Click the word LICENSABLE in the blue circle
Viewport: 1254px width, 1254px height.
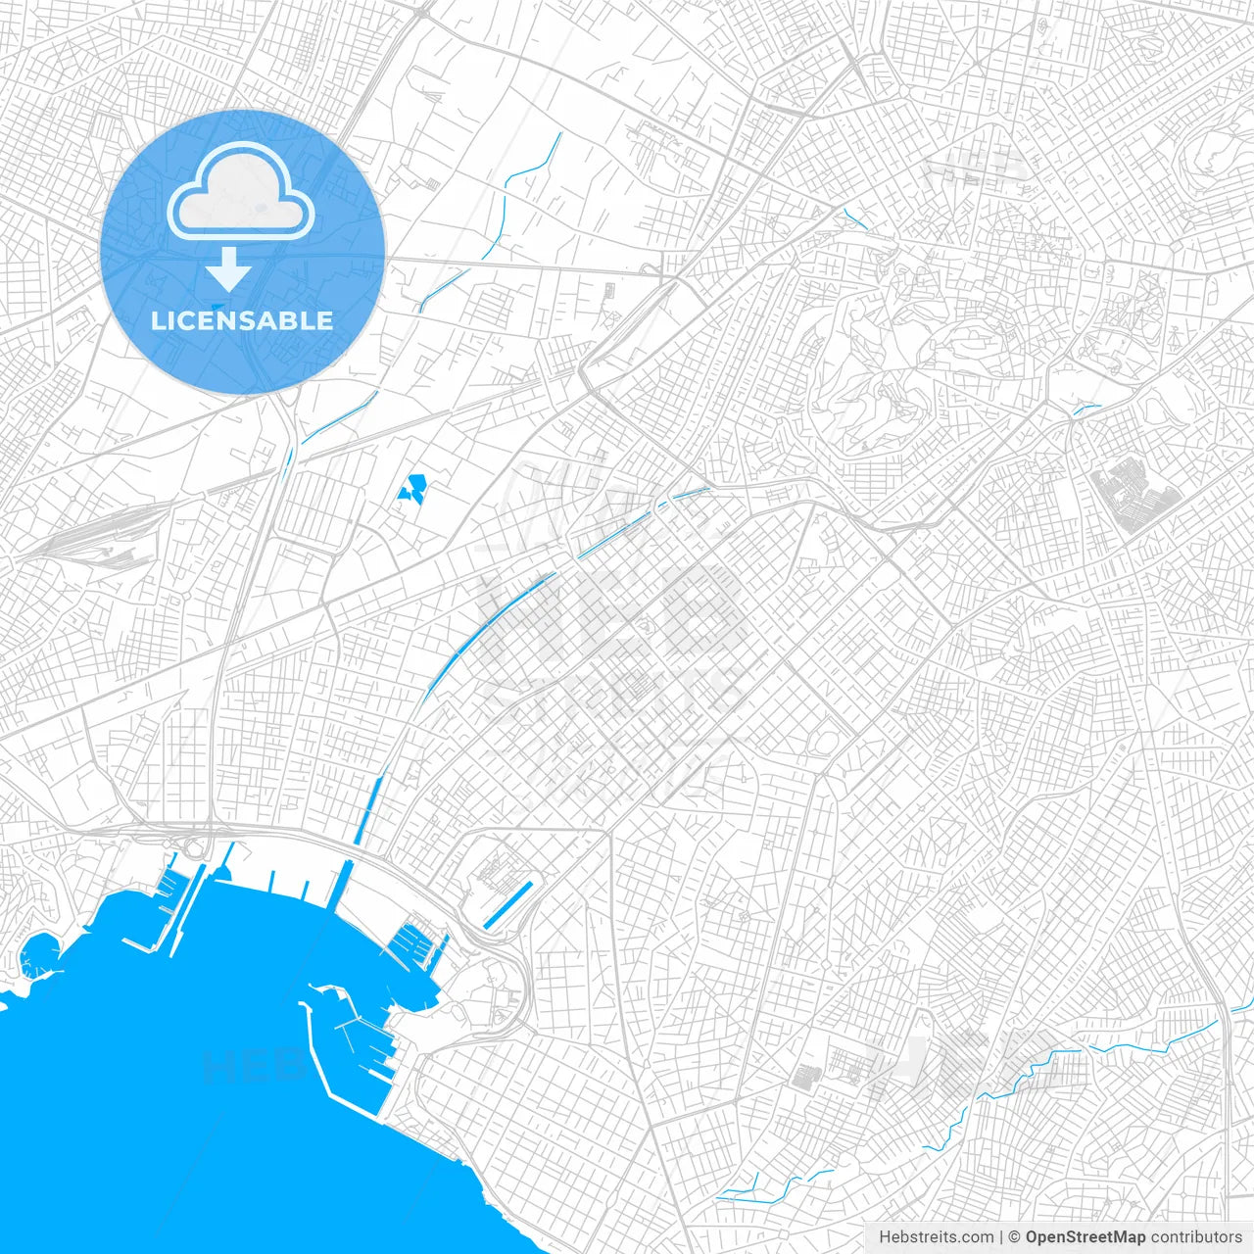point(241,320)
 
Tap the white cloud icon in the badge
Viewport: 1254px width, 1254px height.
point(240,192)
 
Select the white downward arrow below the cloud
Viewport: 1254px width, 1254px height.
point(229,268)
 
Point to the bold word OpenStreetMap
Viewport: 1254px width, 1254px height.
point(1085,1237)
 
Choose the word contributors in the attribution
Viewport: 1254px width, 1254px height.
point(1196,1237)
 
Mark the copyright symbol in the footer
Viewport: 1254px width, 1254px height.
point(1015,1237)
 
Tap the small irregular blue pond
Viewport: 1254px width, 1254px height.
point(412,488)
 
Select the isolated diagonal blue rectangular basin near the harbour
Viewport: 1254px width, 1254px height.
point(508,903)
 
